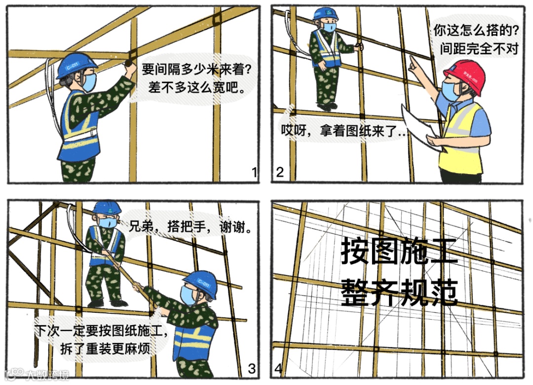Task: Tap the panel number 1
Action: coord(254,172)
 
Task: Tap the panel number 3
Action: coord(252,368)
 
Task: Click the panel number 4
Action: coord(279,368)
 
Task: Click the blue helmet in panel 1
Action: coord(76,65)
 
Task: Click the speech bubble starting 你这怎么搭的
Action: coord(476,40)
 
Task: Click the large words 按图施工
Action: coord(399,252)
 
